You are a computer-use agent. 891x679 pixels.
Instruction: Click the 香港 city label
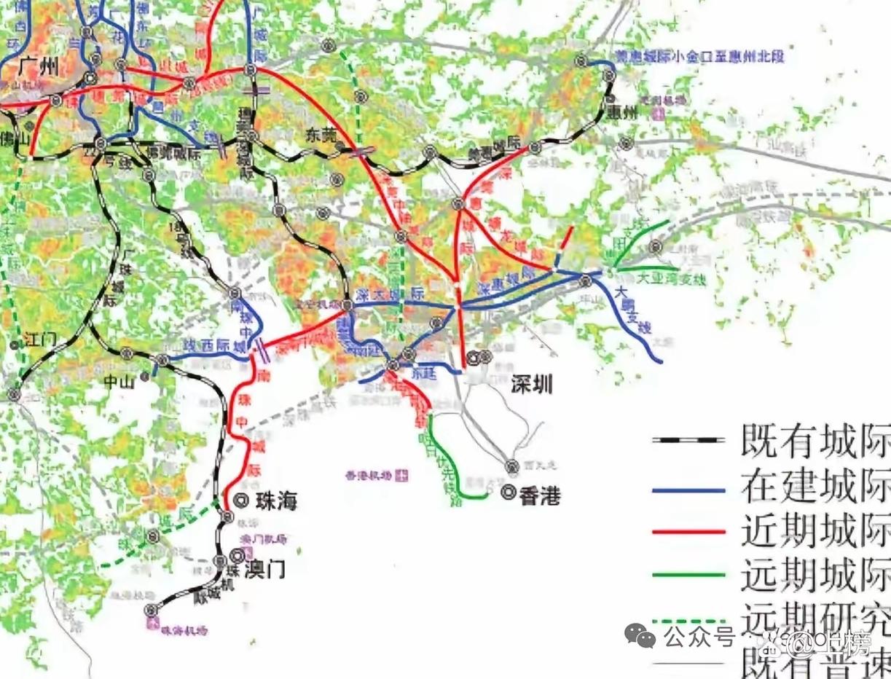point(540,496)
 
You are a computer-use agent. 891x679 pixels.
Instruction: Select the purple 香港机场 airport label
point(370,476)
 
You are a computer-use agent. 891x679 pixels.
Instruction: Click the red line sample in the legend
point(688,533)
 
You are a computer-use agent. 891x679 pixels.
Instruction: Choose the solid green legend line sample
point(688,575)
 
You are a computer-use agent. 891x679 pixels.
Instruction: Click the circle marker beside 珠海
point(243,501)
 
